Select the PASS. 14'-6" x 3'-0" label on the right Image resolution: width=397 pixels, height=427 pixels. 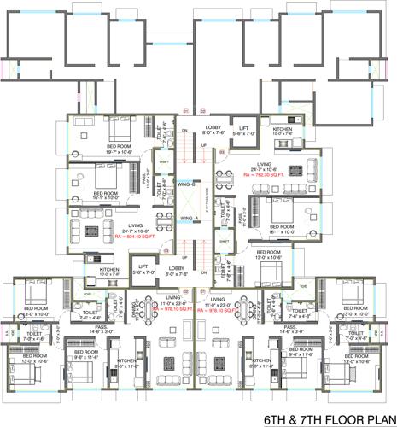[x=290, y=328]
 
